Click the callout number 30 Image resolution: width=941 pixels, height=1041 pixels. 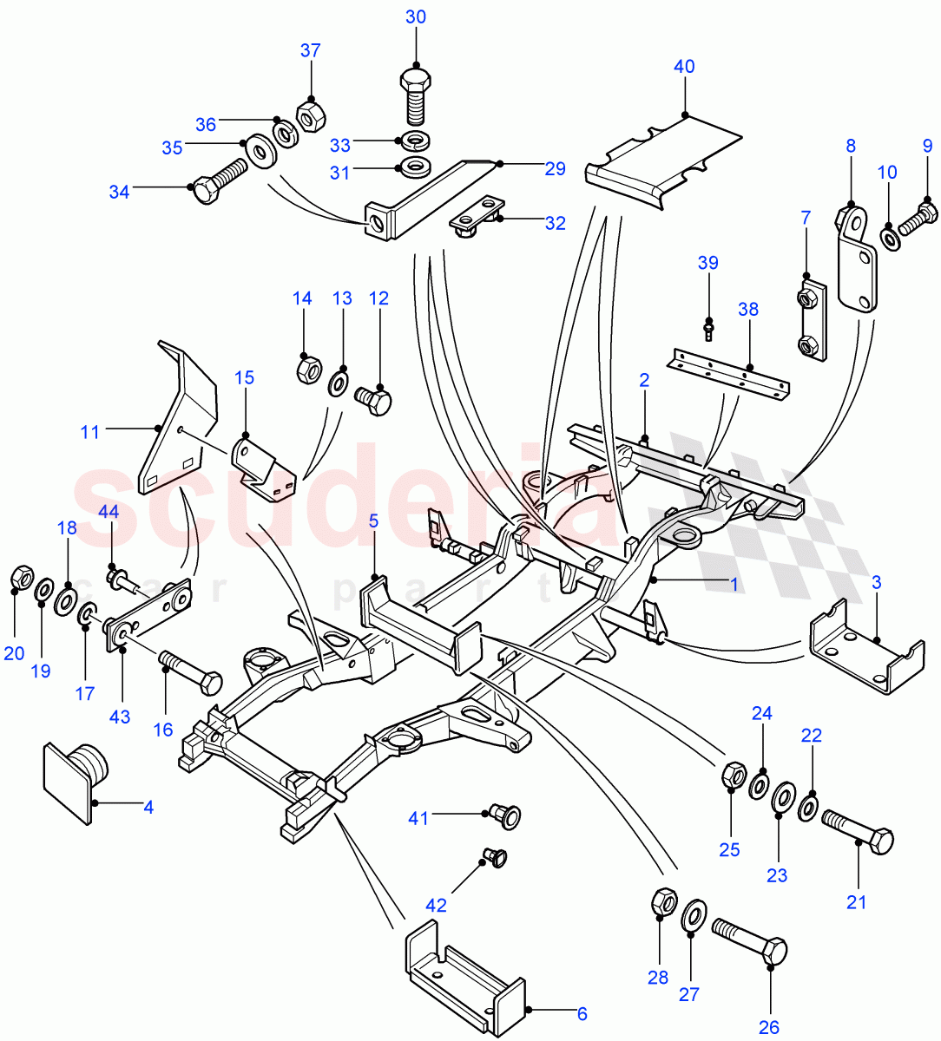tap(416, 17)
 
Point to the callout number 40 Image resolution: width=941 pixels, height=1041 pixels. tap(684, 66)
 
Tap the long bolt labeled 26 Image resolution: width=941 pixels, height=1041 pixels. tap(748, 940)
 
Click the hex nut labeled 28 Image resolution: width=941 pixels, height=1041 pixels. tap(663, 902)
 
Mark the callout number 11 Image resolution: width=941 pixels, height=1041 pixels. tap(90, 431)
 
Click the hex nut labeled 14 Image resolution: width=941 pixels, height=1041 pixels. tap(306, 370)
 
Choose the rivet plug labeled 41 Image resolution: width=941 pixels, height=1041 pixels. tap(503, 815)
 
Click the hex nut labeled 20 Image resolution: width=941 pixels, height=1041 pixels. tap(21, 578)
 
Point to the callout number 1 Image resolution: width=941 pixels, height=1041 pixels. tap(734, 585)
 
